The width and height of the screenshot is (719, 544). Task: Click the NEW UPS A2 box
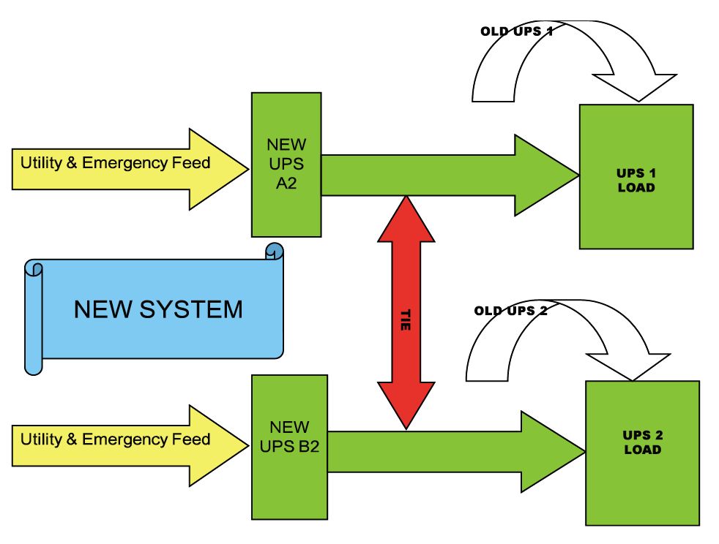click(x=286, y=165)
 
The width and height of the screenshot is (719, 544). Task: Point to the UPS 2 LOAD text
click(x=642, y=442)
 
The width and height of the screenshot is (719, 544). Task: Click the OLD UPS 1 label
click(x=516, y=31)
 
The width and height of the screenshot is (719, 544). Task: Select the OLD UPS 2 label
click(x=510, y=310)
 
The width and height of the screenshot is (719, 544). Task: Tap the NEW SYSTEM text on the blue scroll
click(x=157, y=309)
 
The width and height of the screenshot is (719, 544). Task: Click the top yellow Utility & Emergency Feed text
click(x=115, y=162)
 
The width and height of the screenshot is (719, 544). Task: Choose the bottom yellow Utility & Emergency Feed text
click(x=115, y=439)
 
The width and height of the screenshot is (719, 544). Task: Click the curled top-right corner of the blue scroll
click(x=274, y=252)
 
